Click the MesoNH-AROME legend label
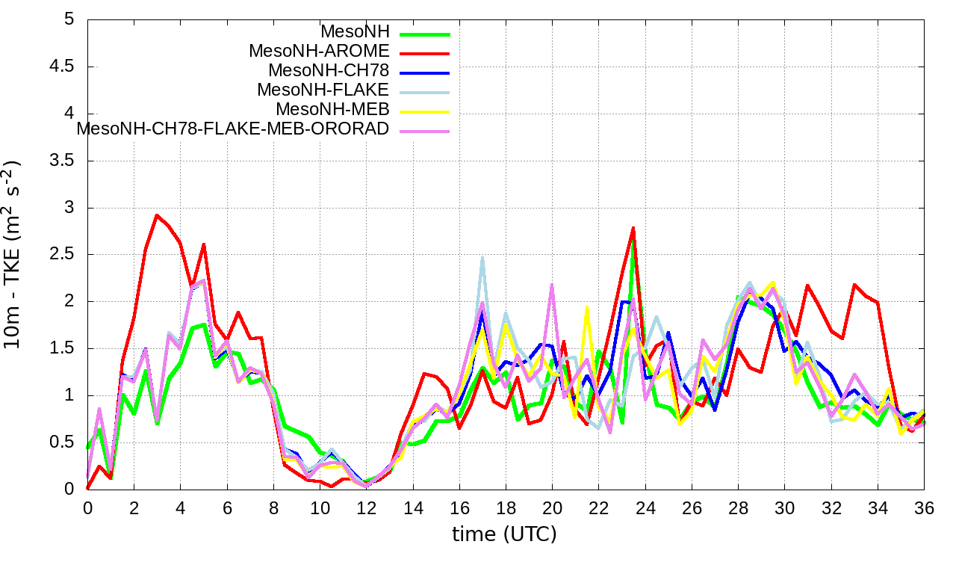pos(319,52)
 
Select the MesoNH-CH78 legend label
pos(329,71)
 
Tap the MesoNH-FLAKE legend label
pos(323,90)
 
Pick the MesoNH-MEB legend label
pos(332,110)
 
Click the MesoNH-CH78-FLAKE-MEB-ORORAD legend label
pos(233,129)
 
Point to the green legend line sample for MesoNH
pos(425,34)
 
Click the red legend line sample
pos(425,53)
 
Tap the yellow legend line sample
pos(425,111)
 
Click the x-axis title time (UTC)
pos(504,534)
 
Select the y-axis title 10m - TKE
pos(13,254)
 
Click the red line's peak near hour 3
pos(157,215)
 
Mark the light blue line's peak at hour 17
pos(482,258)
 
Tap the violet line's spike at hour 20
pos(552,285)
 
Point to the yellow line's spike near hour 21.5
pos(587,307)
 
